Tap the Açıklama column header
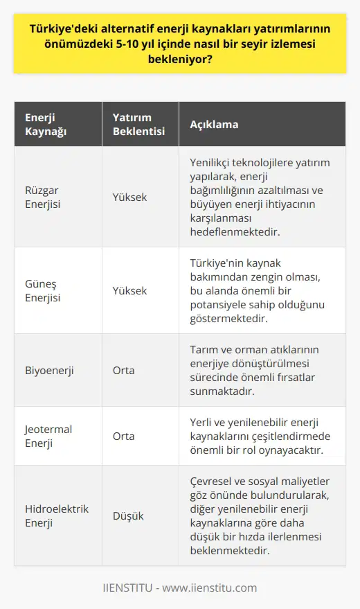[214, 125]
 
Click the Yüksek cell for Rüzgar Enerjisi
[129, 197]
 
